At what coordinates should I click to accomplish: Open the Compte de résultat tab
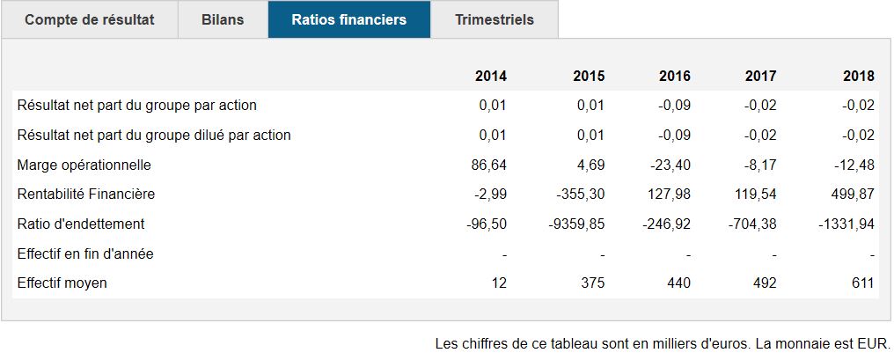coord(90,19)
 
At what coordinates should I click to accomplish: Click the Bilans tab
coord(223,19)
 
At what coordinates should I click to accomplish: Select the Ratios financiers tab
coord(349,19)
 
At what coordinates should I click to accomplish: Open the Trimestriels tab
coord(495,19)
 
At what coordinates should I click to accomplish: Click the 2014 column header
coord(491,76)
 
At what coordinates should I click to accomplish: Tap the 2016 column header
coord(675,76)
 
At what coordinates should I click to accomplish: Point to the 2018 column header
coord(859,76)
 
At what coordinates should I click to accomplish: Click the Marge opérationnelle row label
coord(84,165)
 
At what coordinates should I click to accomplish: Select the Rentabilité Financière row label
coord(86,194)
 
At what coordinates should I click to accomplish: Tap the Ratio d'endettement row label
coord(81,224)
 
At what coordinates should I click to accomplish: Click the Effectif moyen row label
coord(62,283)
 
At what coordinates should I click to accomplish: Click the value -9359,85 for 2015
coord(576,224)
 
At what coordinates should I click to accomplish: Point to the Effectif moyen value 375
coord(593,283)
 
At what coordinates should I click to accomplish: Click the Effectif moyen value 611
coord(862,283)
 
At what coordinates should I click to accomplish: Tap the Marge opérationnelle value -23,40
coord(670,165)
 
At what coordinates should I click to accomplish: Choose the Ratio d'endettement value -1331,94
coord(846,224)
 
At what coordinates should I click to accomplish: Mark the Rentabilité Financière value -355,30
coord(581,194)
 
